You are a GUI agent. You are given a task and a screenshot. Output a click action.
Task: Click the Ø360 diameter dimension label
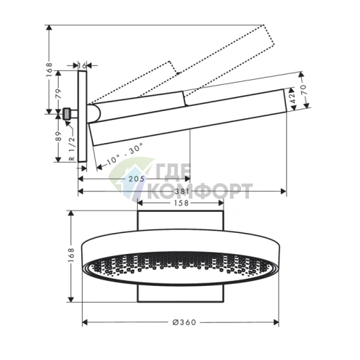tap(184, 322)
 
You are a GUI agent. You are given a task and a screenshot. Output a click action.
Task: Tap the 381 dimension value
tap(181, 192)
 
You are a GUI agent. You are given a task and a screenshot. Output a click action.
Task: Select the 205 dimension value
tap(136, 179)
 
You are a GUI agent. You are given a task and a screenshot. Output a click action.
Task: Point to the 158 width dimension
tap(181, 202)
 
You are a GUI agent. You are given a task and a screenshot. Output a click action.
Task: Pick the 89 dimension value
tap(59, 136)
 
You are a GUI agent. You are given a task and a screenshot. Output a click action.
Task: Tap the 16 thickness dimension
tap(82, 65)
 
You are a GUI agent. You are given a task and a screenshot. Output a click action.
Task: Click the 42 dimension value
tap(292, 99)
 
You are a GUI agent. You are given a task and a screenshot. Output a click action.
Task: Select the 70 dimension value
tap(304, 90)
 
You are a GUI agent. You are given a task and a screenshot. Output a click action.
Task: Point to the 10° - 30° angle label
tap(125, 154)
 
